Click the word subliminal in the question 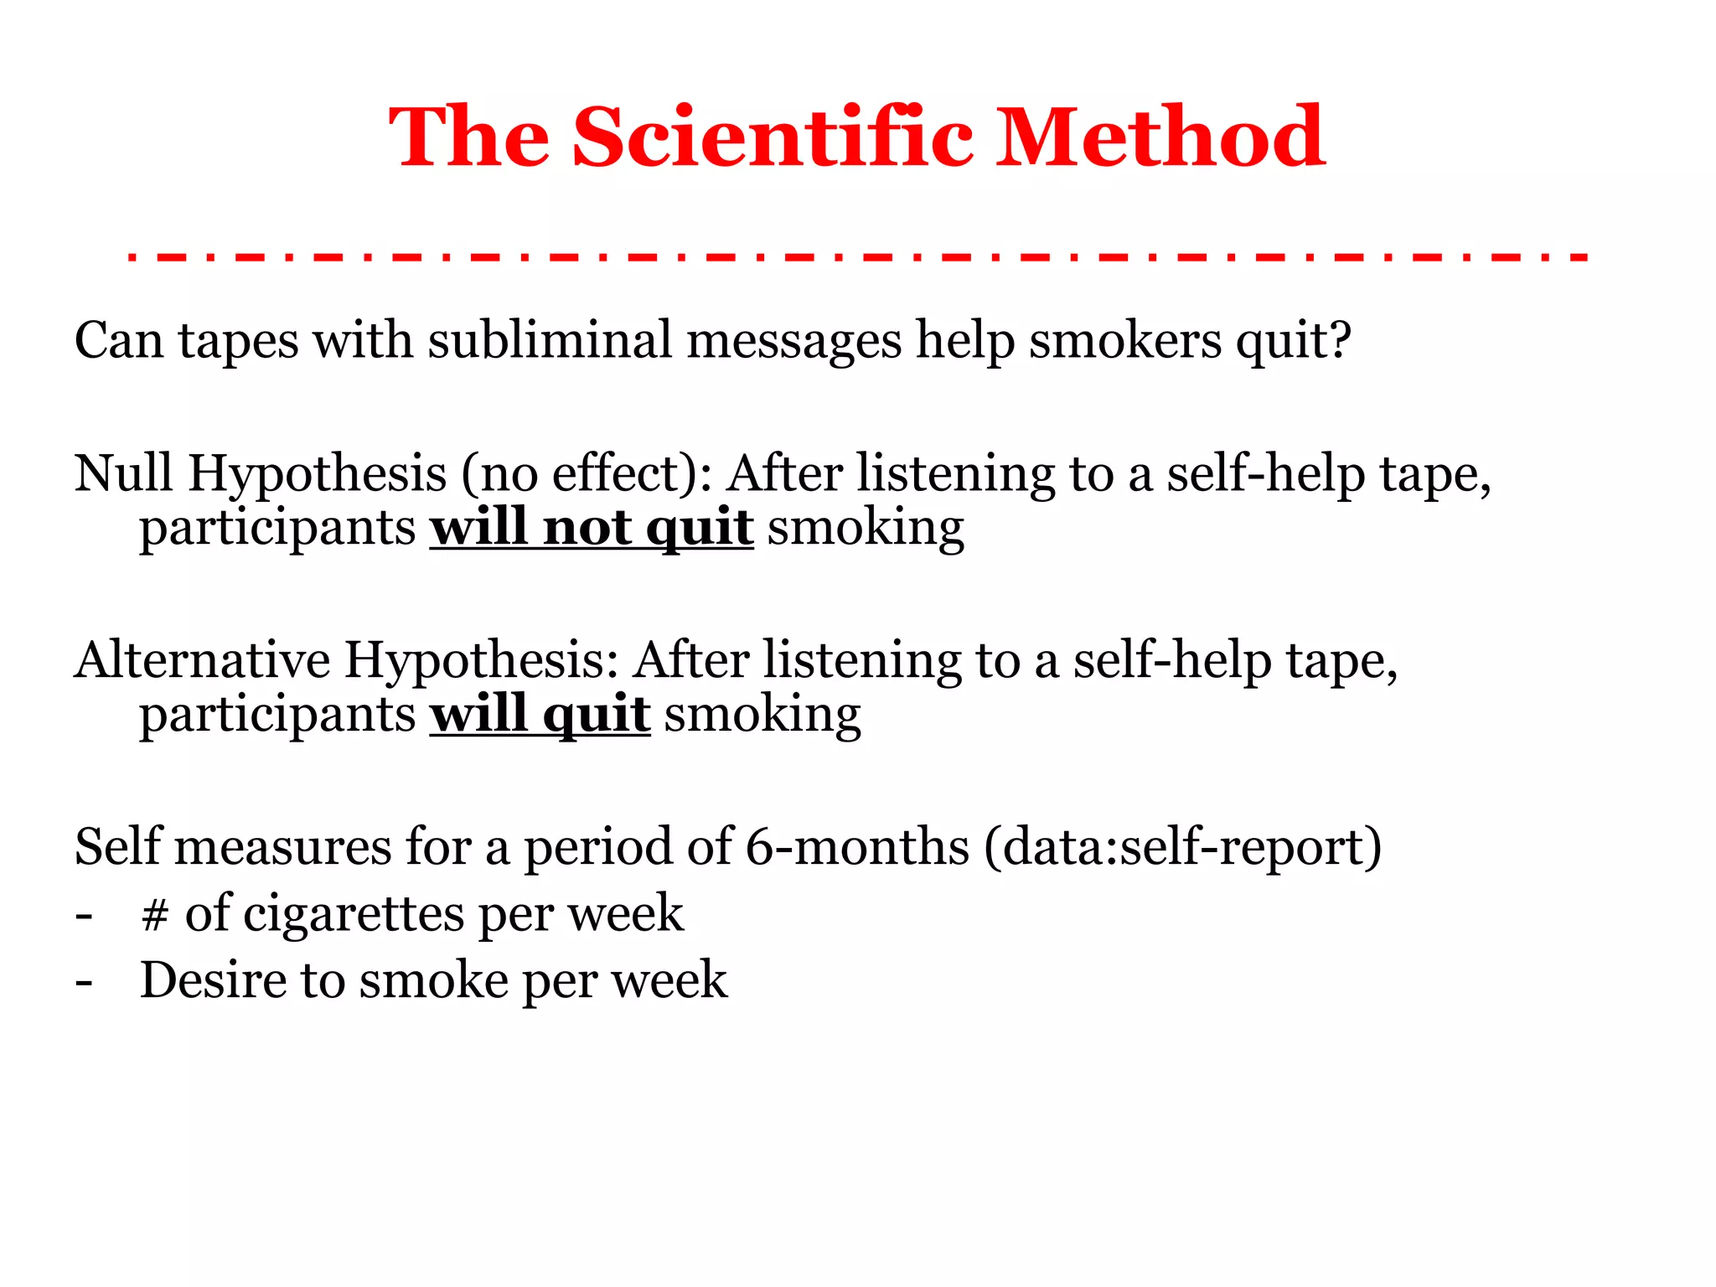[550, 341]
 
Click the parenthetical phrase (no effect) [579, 473]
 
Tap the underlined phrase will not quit [592, 528]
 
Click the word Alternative [202, 660]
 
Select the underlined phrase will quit [540, 715]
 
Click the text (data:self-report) [1182, 846]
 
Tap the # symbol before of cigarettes [155, 913]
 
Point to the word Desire [213, 979]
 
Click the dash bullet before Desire [83, 981]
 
